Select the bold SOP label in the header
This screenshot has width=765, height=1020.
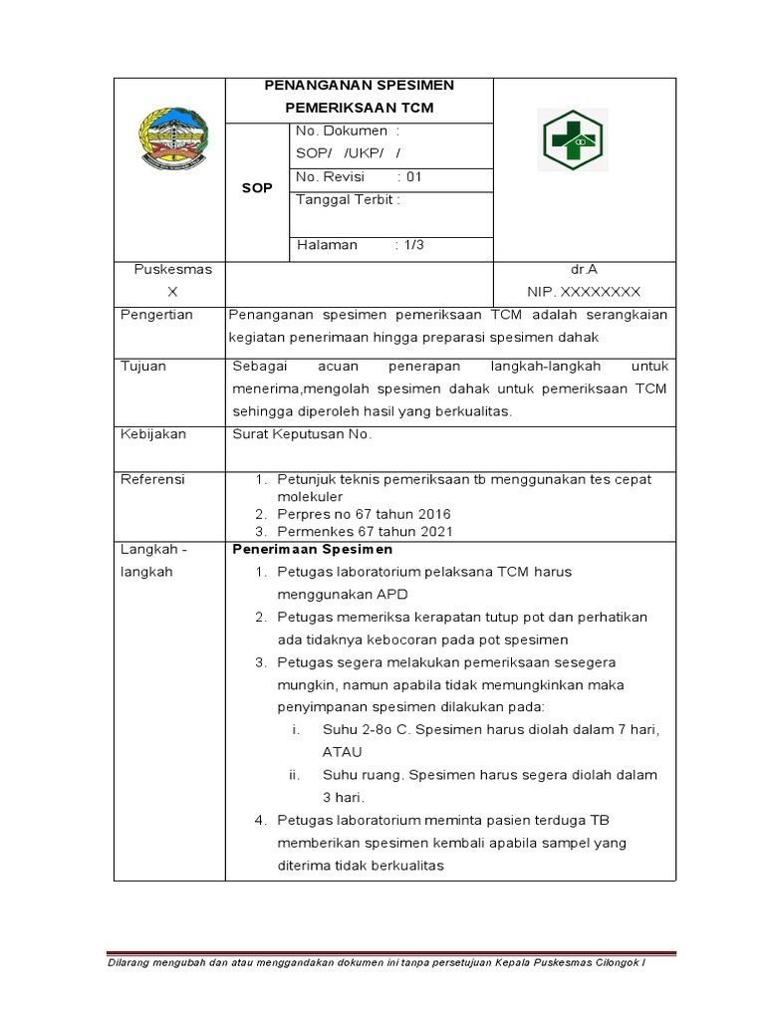(x=257, y=188)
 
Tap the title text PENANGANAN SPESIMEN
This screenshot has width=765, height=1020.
(x=359, y=86)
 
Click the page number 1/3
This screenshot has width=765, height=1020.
(x=413, y=245)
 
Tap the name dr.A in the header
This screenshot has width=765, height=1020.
(x=583, y=269)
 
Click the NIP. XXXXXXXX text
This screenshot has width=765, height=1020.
(x=584, y=292)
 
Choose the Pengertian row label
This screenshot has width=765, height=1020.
(x=156, y=315)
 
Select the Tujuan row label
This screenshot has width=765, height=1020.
(x=143, y=367)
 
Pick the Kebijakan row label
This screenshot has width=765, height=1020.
(x=152, y=434)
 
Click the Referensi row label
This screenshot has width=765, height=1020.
(x=152, y=479)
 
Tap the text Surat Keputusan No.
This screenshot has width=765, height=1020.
(x=302, y=434)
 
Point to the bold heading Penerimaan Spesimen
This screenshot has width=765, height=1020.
(x=313, y=549)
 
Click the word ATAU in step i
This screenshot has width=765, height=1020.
(x=343, y=752)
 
